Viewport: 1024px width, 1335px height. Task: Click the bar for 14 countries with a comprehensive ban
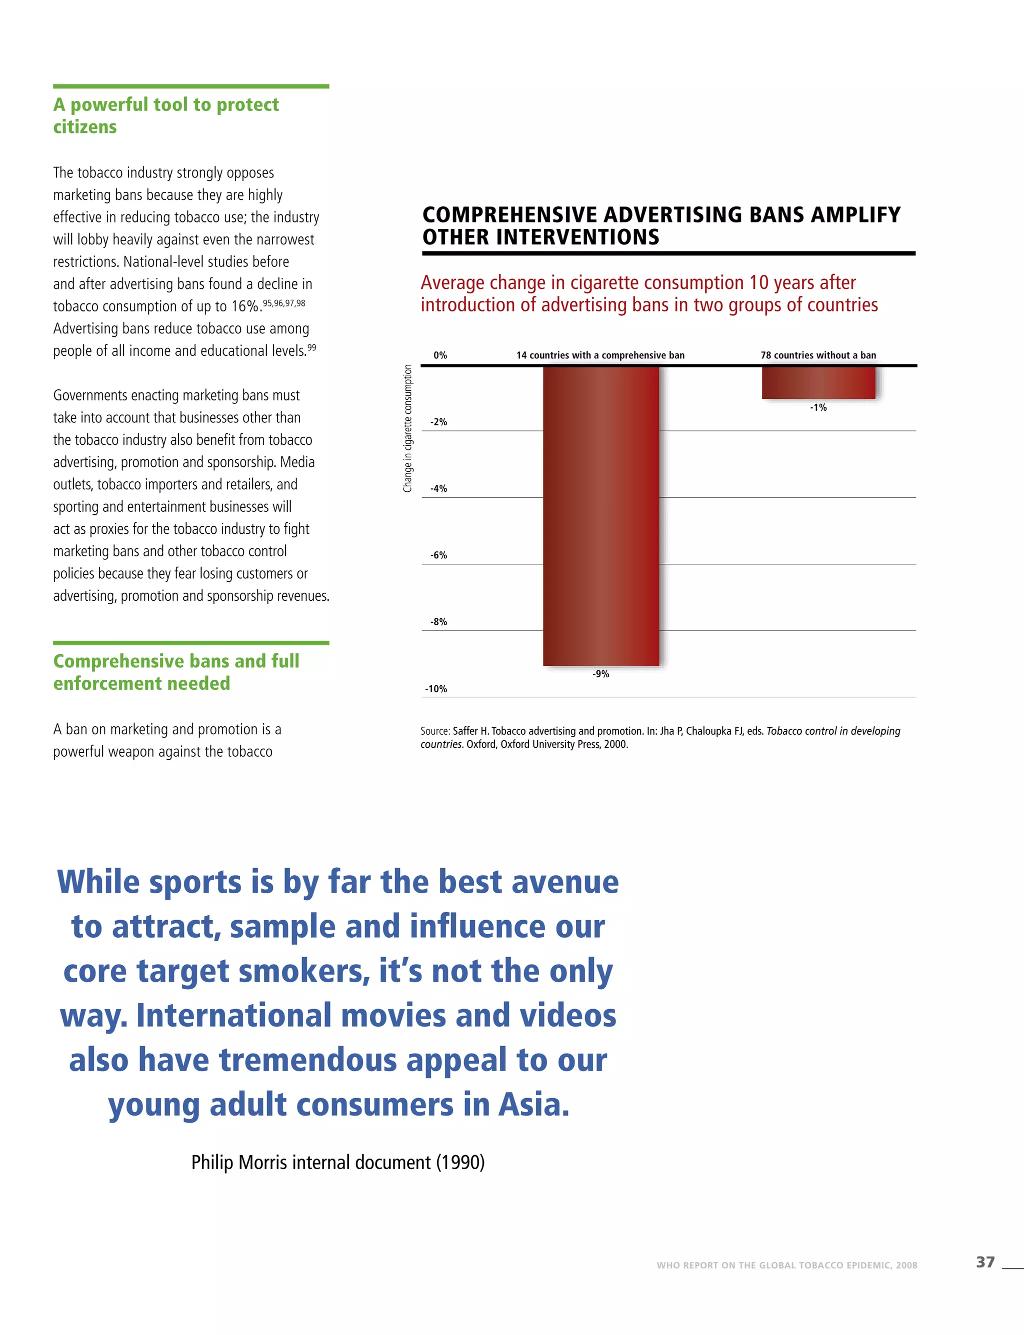[601, 515]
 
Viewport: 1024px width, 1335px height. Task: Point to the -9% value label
[601, 674]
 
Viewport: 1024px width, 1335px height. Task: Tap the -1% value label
[818, 408]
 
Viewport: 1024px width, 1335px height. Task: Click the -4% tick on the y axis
[439, 489]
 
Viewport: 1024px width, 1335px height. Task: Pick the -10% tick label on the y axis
[436, 689]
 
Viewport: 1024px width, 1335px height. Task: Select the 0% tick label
[440, 355]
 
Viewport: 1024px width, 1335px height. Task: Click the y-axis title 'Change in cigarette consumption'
[408, 428]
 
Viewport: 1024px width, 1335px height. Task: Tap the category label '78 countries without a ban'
[818, 355]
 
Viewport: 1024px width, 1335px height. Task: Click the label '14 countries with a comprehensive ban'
[600, 355]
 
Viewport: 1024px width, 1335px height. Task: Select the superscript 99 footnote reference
[311, 348]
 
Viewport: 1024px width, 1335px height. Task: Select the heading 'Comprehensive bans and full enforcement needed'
[175, 672]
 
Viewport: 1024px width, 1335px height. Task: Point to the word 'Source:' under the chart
[435, 731]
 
